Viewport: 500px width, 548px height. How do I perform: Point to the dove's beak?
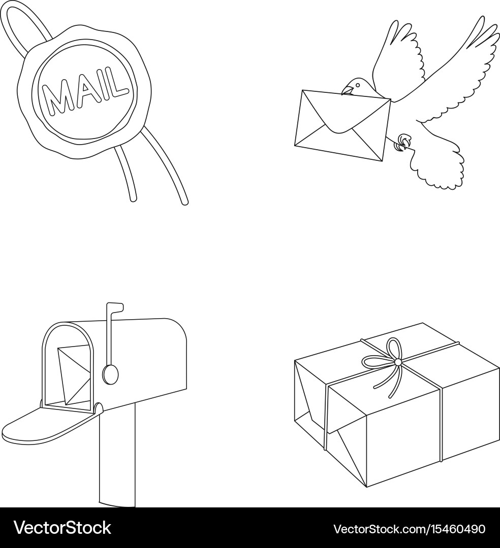tap(346, 91)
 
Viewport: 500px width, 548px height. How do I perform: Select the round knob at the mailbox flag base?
tap(110, 374)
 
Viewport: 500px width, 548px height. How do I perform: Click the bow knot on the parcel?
tap(397, 362)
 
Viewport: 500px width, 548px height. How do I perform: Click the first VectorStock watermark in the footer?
tap(62, 528)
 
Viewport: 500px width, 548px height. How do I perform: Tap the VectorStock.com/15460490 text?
tap(409, 528)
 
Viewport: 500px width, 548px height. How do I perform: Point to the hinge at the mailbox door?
tap(98, 407)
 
